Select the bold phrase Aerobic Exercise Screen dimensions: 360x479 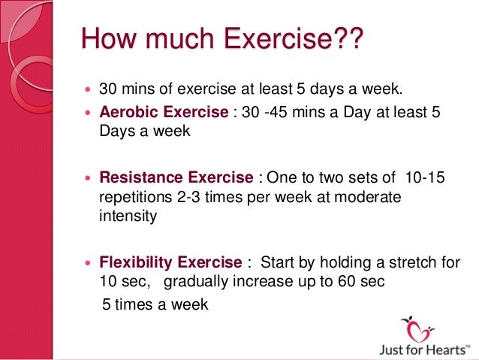click(x=164, y=112)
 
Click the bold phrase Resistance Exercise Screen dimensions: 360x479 click(x=176, y=178)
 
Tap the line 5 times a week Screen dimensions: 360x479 click(x=155, y=305)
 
